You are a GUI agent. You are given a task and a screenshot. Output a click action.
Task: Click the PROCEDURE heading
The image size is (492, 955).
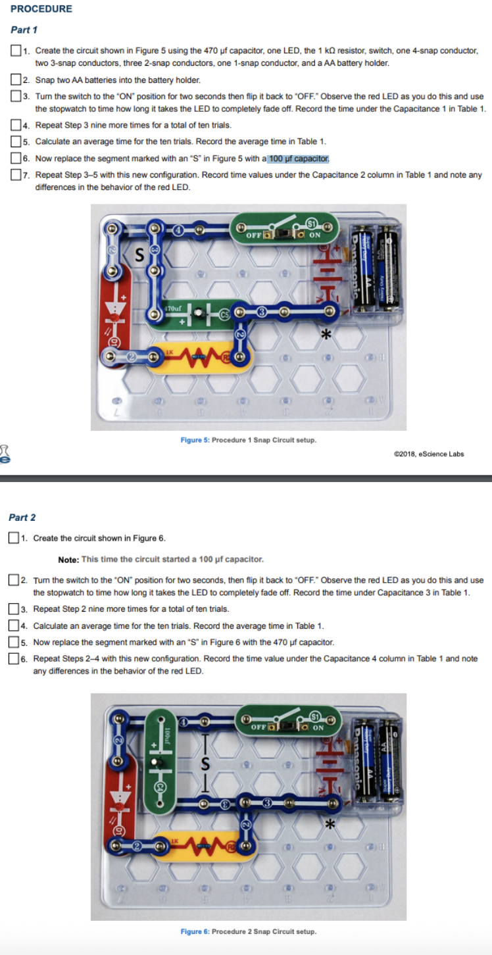click(x=41, y=9)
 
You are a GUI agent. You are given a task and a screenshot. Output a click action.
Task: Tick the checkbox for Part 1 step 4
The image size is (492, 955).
click(x=15, y=125)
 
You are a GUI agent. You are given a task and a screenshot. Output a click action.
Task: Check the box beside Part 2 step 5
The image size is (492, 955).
click(x=13, y=642)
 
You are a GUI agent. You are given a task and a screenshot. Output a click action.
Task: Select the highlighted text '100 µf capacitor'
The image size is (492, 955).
click(x=298, y=159)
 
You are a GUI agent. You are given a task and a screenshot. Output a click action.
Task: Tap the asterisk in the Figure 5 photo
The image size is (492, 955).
click(x=324, y=335)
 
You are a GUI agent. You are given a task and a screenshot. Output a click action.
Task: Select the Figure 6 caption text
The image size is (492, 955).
click(x=248, y=931)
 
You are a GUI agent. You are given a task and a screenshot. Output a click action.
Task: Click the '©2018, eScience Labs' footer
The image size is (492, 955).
click(x=428, y=454)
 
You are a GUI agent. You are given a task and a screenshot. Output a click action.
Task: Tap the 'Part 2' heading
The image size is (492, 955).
click(x=22, y=518)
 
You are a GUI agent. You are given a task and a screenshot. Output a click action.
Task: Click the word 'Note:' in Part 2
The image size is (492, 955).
click(x=68, y=559)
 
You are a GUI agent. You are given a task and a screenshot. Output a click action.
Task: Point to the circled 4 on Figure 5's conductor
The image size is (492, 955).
click(x=178, y=230)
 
